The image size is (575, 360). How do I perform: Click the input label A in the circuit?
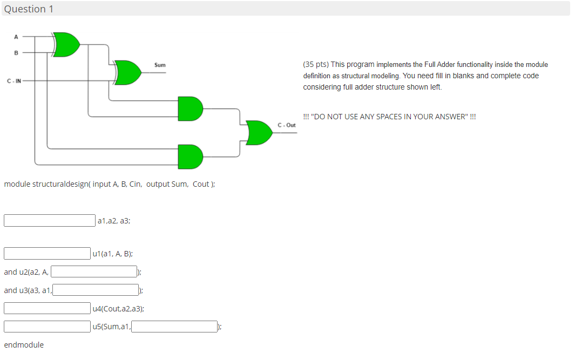click(x=16, y=37)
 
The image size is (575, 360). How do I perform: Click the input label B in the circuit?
click(x=16, y=53)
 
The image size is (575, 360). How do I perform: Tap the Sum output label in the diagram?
click(x=160, y=65)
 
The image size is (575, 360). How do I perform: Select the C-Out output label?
click(x=287, y=125)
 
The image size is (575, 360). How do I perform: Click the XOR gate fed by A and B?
click(x=67, y=45)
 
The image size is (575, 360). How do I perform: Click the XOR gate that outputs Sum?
click(x=128, y=73)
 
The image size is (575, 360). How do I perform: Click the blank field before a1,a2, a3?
click(x=50, y=221)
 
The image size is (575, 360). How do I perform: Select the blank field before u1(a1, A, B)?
click(x=48, y=253)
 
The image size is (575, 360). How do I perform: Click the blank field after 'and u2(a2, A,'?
click(x=94, y=272)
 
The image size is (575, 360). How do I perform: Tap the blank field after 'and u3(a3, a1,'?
click(x=96, y=290)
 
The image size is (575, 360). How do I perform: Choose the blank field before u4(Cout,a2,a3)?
click(x=48, y=308)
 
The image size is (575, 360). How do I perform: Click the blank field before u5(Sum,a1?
click(x=48, y=327)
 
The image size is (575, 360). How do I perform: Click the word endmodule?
click(x=24, y=345)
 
